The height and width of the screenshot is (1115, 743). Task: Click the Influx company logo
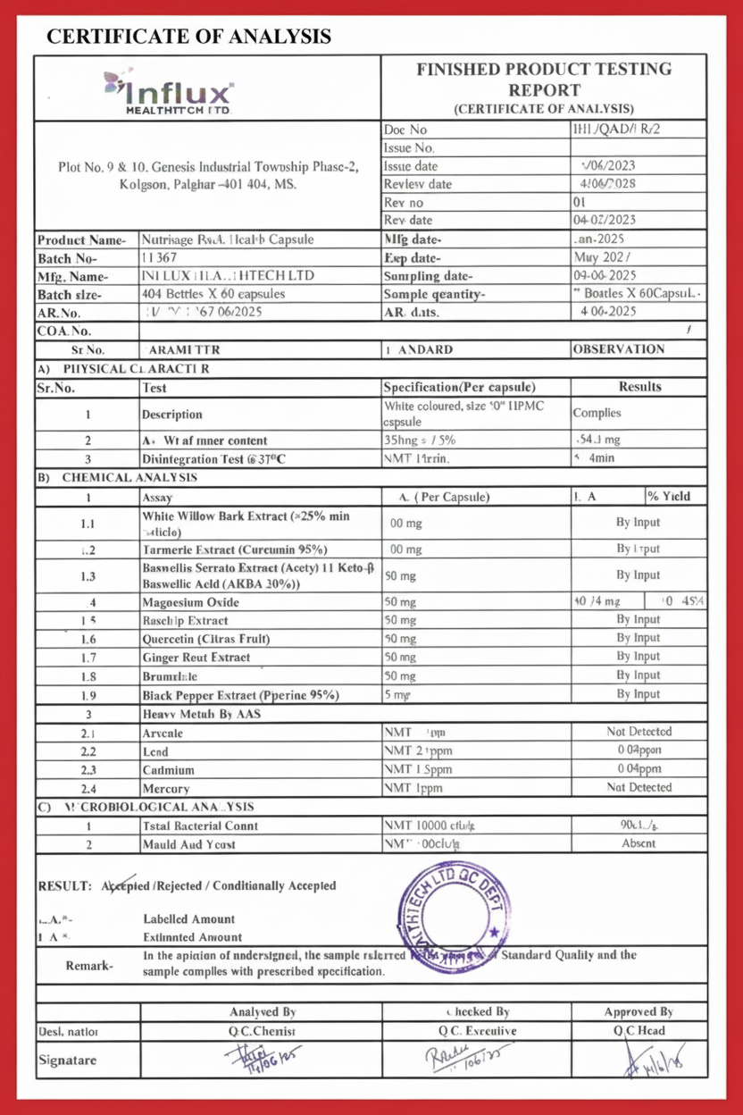pos(170,92)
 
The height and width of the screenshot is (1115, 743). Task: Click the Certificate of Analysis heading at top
pos(188,37)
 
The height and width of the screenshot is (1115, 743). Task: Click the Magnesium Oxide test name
pos(191,602)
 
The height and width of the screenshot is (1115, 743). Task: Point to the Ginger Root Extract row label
pos(196,658)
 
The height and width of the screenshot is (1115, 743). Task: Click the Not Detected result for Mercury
pos(639,787)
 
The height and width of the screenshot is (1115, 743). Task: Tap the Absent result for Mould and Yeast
pos(639,843)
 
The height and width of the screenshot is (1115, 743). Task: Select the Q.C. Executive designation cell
pos(477,1030)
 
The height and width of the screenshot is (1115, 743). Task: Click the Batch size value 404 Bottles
pos(213,294)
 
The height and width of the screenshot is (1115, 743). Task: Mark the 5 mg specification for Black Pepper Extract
pos(397,694)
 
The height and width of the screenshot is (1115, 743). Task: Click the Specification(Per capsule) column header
pos(459,387)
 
